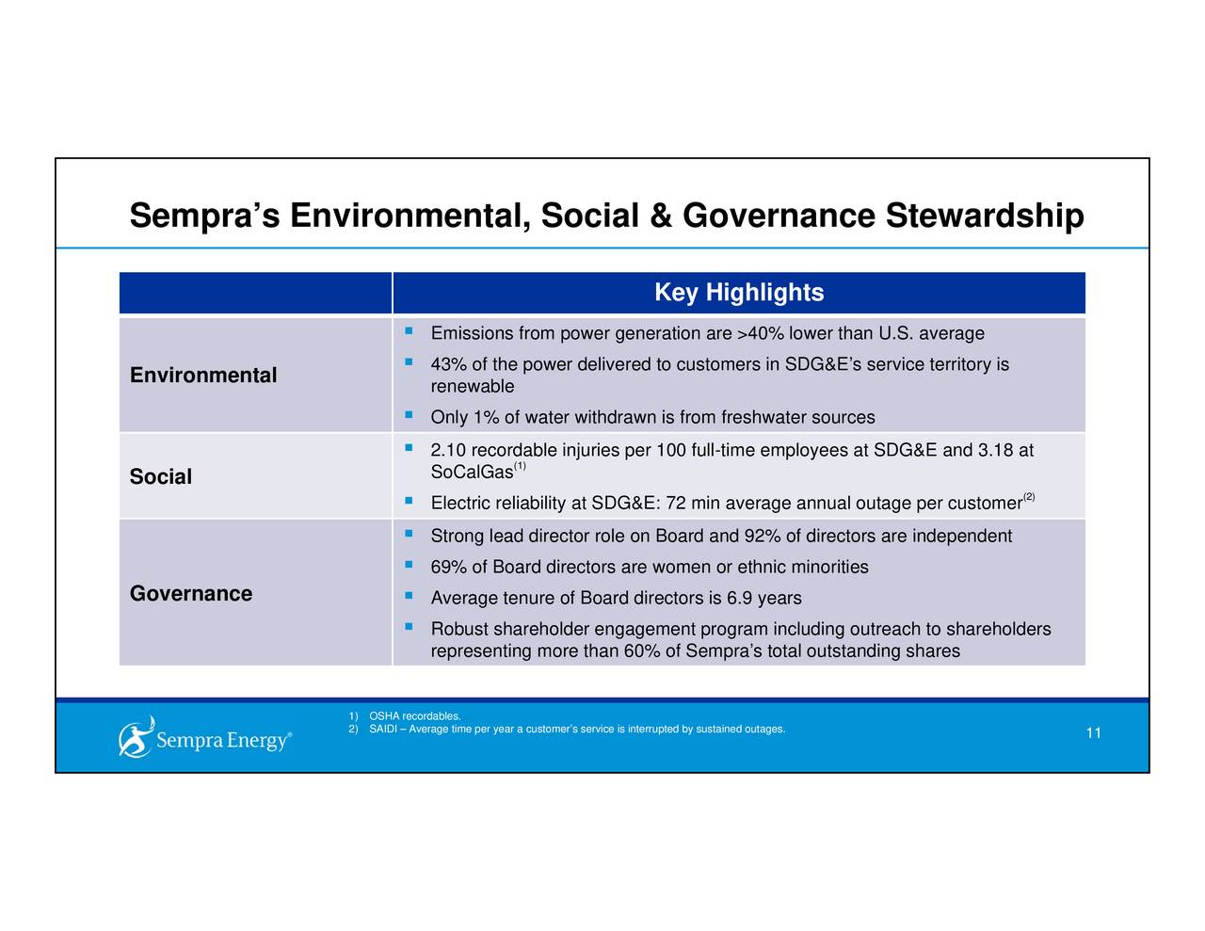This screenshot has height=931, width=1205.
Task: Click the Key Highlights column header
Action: click(x=739, y=293)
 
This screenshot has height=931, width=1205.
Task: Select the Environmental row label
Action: click(x=203, y=376)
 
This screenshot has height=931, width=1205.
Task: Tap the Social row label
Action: click(x=161, y=477)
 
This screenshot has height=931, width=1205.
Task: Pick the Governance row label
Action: click(x=191, y=594)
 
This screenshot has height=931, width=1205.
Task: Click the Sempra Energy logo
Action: click(x=205, y=738)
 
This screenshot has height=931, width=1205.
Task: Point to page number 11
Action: click(x=1093, y=734)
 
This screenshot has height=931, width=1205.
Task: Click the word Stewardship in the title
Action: click(x=985, y=216)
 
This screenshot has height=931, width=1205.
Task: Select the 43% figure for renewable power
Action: click(x=448, y=365)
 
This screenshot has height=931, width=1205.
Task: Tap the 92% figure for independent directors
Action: click(x=762, y=537)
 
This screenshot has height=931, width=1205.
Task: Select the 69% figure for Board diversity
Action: click(x=448, y=568)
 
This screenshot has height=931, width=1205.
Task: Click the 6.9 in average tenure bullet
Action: click(x=738, y=599)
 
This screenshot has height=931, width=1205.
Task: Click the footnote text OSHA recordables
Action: click(x=415, y=718)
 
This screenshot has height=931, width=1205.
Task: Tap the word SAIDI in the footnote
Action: click(x=382, y=730)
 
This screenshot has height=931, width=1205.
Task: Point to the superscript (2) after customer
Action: click(x=1029, y=497)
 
